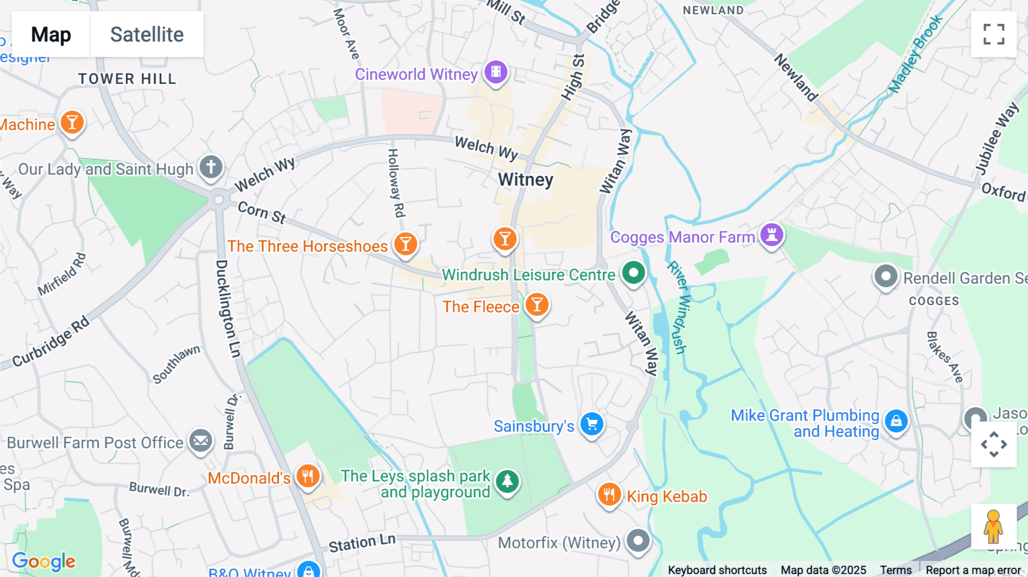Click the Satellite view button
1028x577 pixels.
[147, 34]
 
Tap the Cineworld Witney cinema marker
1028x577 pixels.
[496, 72]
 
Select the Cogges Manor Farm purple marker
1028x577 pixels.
[772, 235]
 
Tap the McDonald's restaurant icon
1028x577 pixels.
[308, 476]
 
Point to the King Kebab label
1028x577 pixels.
[666, 496]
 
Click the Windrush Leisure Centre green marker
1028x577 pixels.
[633, 273]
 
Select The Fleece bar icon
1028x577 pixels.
[537, 305]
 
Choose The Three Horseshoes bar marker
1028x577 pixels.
[405, 245]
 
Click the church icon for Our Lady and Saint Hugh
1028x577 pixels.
[211, 167]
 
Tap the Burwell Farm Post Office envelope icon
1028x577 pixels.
[200, 441]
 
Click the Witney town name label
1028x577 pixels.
[525, 180]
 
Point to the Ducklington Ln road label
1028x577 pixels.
[228, 308]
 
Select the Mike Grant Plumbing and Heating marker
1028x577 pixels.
[896, 422]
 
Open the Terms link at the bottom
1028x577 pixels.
[896, 570]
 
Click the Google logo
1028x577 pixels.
[44, 562]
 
